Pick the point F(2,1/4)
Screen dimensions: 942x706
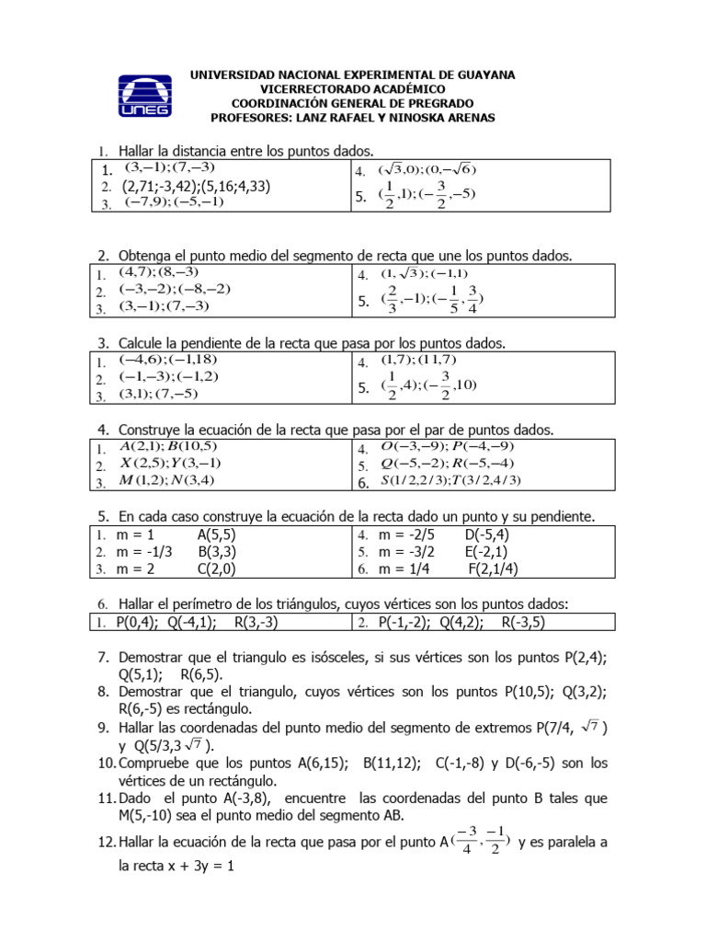click(x=493, y=569)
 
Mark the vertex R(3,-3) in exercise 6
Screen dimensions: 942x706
click(x=256, y=623)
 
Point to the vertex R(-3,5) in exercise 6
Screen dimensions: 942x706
click(x=524, y=623)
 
